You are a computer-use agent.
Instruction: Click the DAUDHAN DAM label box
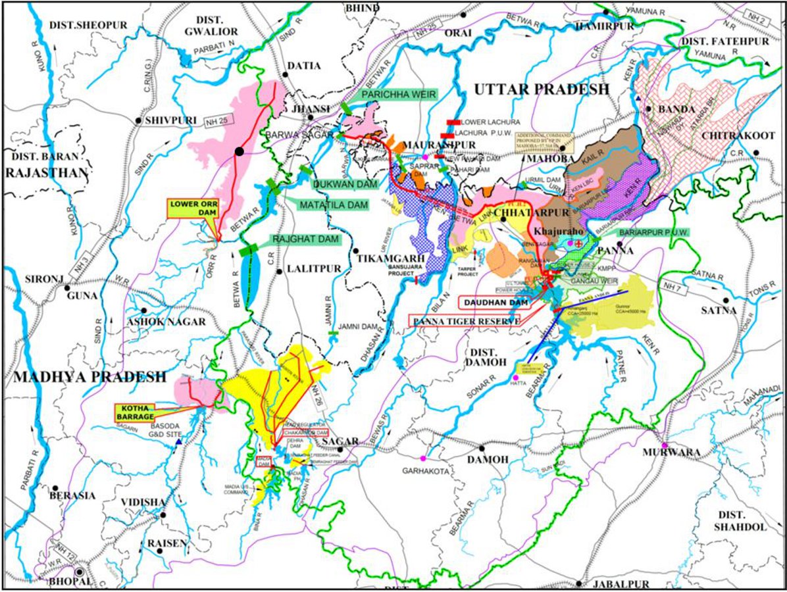coord(489,303)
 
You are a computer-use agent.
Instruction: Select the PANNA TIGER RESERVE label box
coord(464,320)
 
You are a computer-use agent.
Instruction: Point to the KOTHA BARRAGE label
coord(137,412)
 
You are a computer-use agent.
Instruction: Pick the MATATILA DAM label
coord(333,205)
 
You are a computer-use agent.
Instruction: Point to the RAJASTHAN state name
coord(46,173)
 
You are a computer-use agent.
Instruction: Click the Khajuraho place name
coord(561,232)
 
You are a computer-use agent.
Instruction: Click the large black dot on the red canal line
coord(240,152)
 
